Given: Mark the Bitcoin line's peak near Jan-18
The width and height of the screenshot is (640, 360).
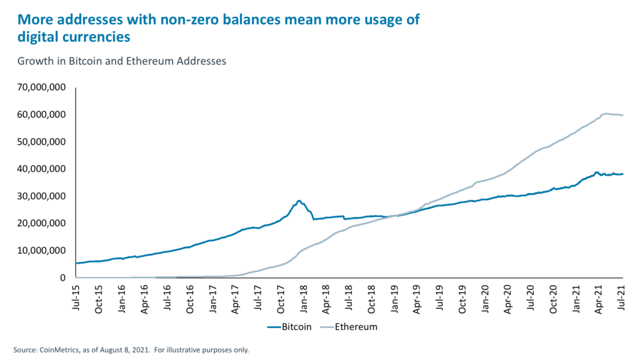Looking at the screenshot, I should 299,201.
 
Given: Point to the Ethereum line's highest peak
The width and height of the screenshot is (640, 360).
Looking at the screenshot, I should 606,113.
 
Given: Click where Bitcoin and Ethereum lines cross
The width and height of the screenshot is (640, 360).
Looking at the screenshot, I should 392,216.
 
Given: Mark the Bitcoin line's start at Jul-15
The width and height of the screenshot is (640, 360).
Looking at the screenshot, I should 76,262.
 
